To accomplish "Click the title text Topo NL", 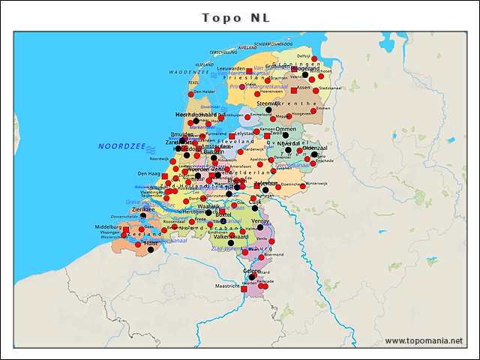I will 236,17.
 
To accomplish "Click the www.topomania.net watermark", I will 424,341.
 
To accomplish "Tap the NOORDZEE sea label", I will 121,146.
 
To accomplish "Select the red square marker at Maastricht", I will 244,289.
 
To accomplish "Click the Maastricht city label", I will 226,286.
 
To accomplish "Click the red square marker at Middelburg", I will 126,230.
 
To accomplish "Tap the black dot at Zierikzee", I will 143,216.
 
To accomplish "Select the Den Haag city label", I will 148,173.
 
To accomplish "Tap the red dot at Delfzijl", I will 315,58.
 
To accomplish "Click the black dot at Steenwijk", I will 268,110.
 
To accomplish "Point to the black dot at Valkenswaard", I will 231,243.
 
